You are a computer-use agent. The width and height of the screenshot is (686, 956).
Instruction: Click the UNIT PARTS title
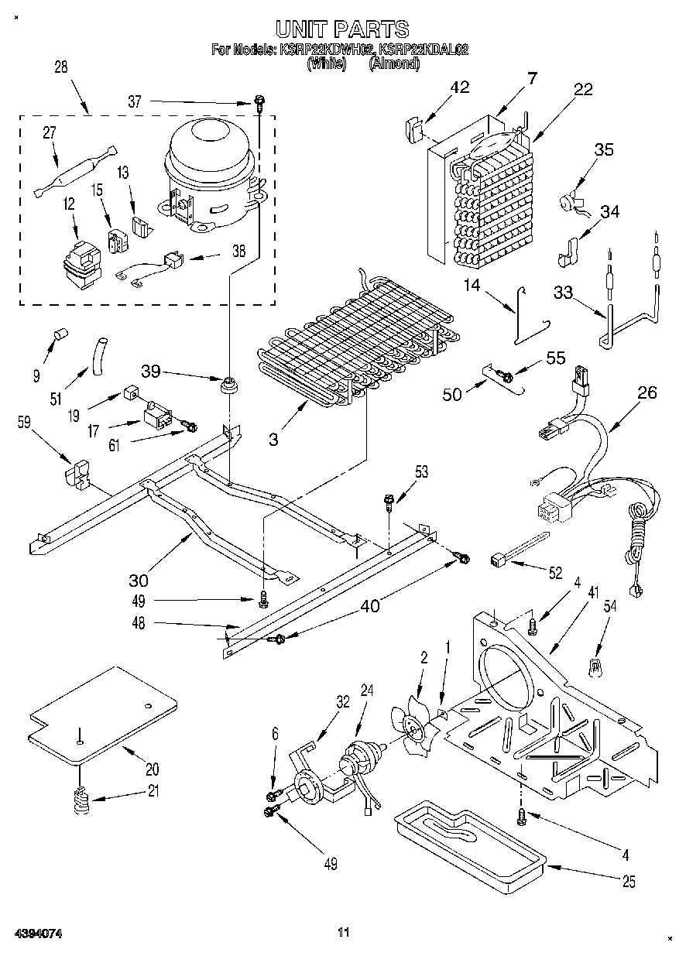click(x=342, y=29)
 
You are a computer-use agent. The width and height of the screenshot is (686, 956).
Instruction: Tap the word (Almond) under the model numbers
click(x=394, y=64)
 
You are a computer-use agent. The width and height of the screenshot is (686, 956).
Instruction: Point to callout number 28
click(x=60, y=67)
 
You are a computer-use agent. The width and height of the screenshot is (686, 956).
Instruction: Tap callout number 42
click(x=460, y=87)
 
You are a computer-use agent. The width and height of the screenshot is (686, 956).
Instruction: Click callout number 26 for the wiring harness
click(x=647, y=392)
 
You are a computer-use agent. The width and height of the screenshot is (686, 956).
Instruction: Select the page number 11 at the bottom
click(x=344, y=932)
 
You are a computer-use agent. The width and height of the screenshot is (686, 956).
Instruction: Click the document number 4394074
click(x=36, y=934)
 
